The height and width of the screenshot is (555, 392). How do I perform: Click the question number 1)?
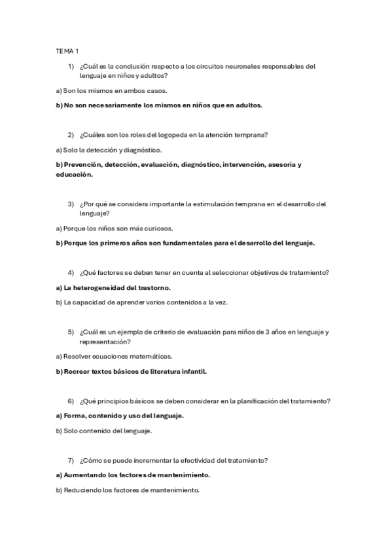71,66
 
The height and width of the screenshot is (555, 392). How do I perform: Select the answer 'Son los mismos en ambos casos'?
115,90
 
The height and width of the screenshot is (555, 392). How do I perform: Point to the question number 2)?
71,135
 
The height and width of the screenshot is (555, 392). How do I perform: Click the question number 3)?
71,204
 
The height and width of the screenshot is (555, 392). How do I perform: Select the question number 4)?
71,272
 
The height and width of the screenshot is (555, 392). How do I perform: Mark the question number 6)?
71,401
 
